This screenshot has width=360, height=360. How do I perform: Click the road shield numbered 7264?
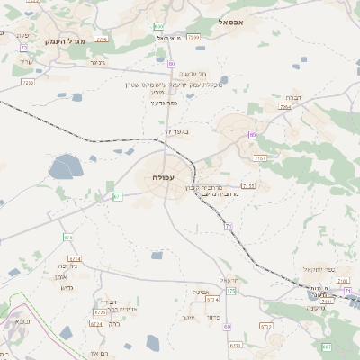(285, 106)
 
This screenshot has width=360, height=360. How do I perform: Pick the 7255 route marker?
(27, 82)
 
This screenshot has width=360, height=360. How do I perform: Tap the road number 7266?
(102, 40)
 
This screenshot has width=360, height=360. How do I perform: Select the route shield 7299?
(193, 38)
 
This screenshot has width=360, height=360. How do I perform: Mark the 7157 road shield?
(260, 158)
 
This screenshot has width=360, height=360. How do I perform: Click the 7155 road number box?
(247, 186)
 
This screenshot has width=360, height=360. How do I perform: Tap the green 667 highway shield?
(326, 346)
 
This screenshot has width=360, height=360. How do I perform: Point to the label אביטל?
(201, 292)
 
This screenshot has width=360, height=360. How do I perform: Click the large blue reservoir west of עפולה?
(65, 166)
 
